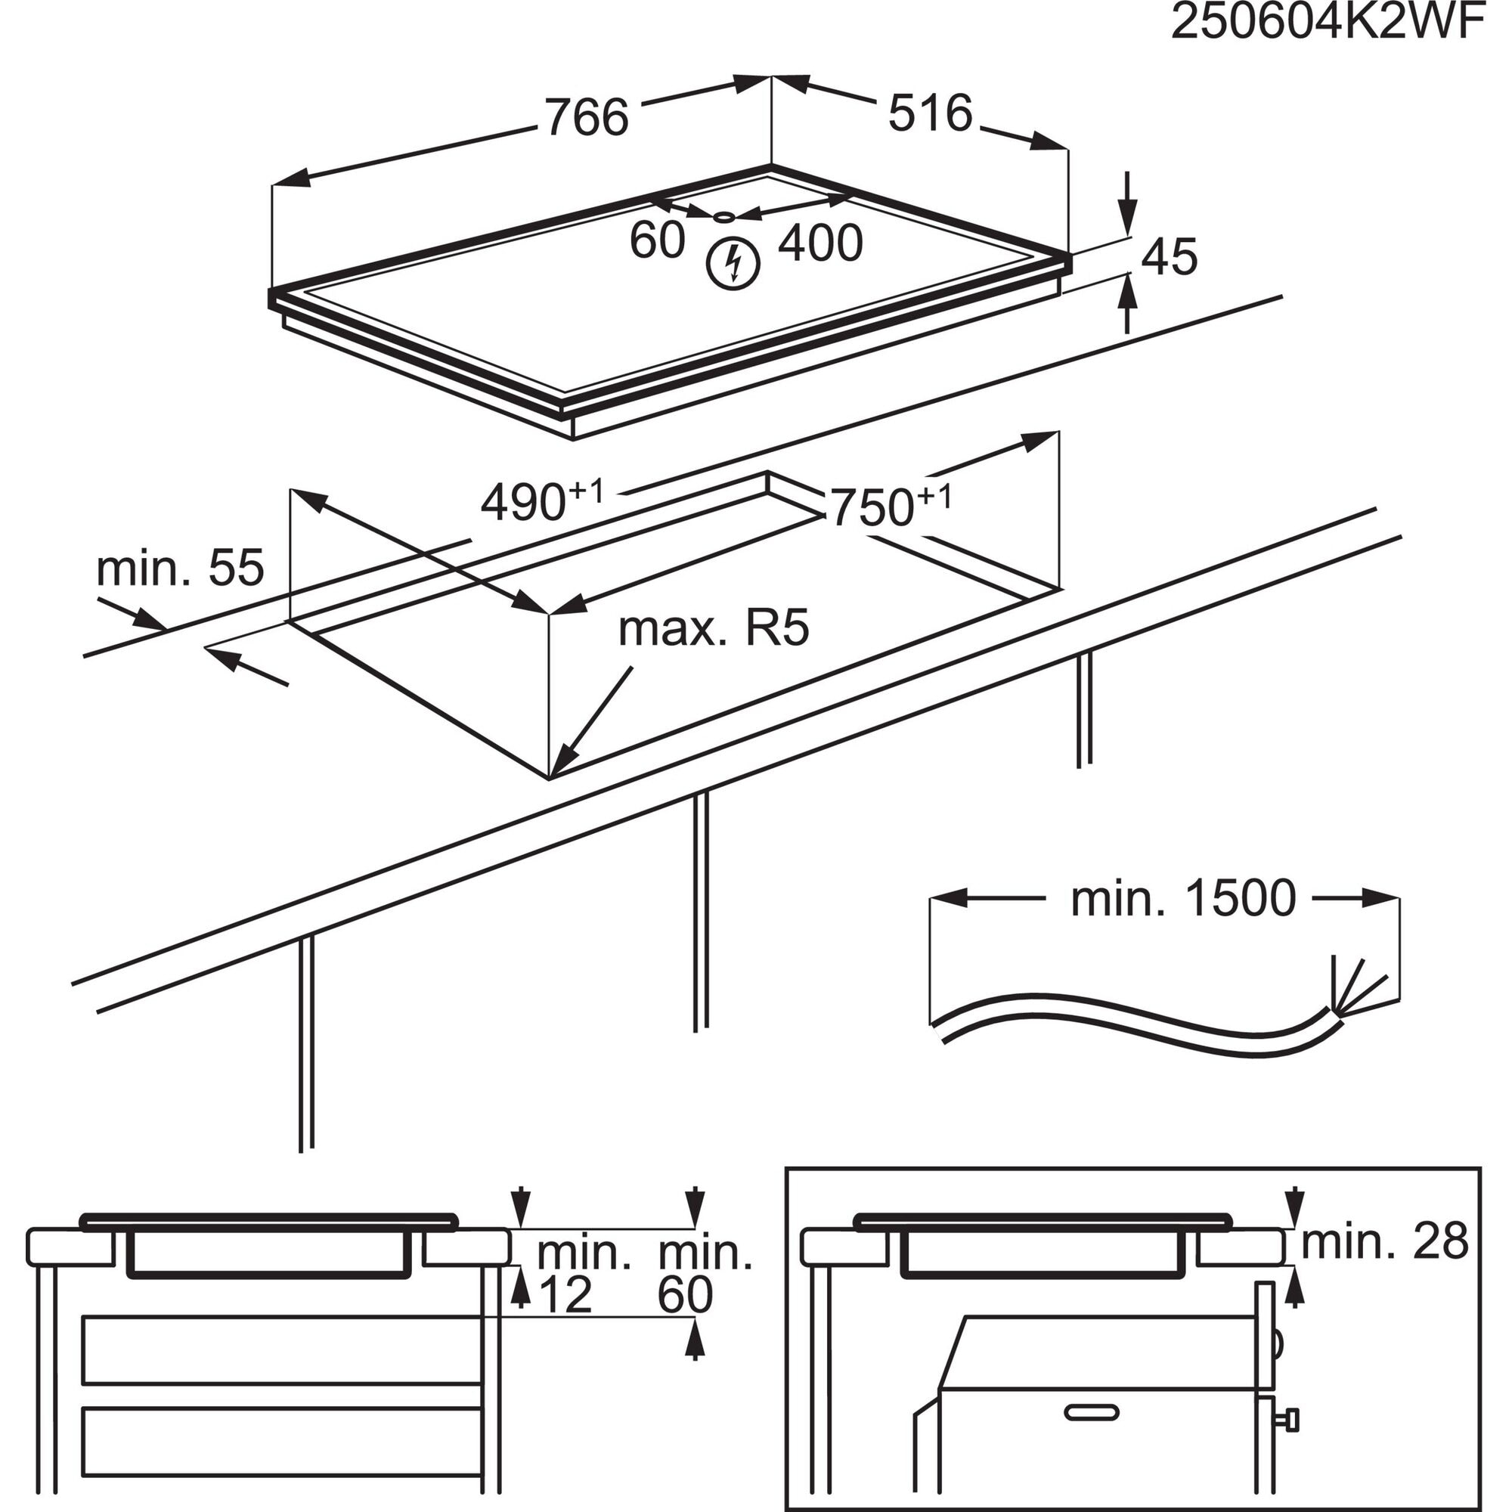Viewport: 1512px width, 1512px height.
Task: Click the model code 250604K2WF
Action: tap(1327, 23)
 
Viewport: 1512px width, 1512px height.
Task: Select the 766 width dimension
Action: tap(586, 117)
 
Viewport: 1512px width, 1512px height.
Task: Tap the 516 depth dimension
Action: tap(930, 113)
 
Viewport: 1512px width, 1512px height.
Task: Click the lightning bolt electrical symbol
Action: tap(733, 264)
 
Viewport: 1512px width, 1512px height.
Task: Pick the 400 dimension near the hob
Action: tap(820, 243)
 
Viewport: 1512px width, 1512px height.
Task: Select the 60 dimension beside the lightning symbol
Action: tap(657, 240)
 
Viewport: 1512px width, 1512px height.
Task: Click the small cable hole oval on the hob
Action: tap(725, 217)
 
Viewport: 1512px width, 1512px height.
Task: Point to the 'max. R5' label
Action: tap(713, 628)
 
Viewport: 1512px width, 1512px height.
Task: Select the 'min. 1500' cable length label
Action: tap(1182, 898)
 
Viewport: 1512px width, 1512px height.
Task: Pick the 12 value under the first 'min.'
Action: tap(565, 1295)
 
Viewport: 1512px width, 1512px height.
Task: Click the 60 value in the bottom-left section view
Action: tap(685, 1295)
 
